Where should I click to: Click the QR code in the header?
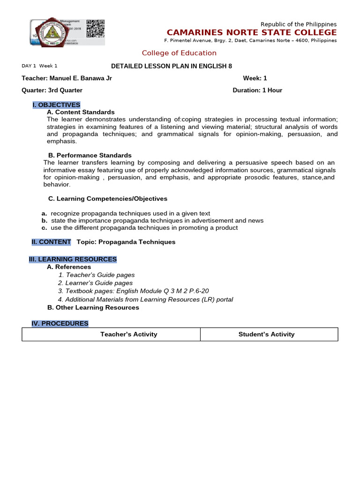pyautogui.click(x=96, y=29)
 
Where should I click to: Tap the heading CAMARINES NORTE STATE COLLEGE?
pyautogui.click(x=252, y=32)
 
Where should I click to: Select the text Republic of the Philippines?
pyautogui.click(x=299, y=24)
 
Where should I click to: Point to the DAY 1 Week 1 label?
pyautogui.click(x=39, y=66)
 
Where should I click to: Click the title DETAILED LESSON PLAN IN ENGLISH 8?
pyautogui.click(x=171, y=66)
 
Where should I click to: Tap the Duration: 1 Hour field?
pyautogui.click(x=257, y=90)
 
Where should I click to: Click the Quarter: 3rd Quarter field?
pyautogui.click(x=52, y=90)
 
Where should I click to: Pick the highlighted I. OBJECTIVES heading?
pyautogui.click(x=56, y=105)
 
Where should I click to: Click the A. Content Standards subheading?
pyautogui.click(x=81, y=112)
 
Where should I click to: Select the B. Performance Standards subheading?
pyautogui.click(x=90, y=155)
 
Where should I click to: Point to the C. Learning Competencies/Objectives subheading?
pyautogui.click(x=108, y=199)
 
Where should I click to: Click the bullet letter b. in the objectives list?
pyautogui.click(x=45, y=220)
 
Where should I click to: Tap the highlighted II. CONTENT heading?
pyautogui.click(x=52, y=242)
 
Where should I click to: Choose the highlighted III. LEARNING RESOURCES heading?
pyautogui.click(x=73, y=259)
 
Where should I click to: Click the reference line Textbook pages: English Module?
pyautogui.click(x=134, y=291)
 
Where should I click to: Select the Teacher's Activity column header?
pyautogui.click(x=129, y=334)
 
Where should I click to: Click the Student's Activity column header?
pyautogui.click(x=266, y=334)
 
